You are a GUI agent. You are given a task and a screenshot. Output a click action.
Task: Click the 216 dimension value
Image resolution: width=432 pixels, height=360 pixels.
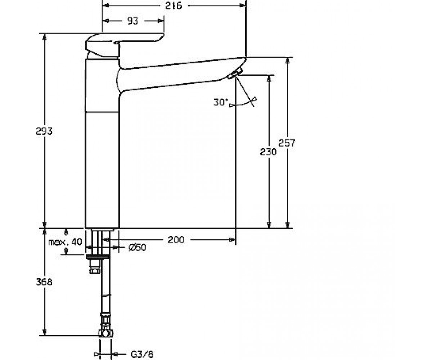point(174,6)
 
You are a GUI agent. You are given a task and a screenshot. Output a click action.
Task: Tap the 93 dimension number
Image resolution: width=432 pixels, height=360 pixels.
point(132,21)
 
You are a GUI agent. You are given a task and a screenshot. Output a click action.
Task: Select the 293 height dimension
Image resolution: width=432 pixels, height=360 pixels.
point(44,131)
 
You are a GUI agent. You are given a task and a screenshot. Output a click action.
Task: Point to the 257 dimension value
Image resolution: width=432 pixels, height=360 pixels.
point(287,143)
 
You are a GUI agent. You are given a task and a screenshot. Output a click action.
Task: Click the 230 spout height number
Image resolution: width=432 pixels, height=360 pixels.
point(268,152)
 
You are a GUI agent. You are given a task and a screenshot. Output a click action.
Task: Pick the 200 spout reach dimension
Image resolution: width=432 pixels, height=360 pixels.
point(176,240)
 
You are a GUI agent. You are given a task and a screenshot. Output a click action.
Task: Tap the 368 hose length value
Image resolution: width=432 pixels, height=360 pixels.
point(44,282)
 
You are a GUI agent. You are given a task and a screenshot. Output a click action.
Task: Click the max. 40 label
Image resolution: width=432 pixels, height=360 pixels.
point(65,242)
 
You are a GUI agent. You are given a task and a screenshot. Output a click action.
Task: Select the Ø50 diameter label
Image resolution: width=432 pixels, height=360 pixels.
point(137,247)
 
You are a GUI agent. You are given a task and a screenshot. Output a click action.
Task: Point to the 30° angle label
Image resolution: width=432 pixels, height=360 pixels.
point(221,102)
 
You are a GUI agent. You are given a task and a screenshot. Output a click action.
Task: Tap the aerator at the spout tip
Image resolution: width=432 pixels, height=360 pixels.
point(235,74)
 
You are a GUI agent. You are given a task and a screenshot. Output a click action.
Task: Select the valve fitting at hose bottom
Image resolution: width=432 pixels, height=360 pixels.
point(105,333)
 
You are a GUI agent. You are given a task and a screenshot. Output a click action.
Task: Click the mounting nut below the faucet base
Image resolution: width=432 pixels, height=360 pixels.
point(98,257)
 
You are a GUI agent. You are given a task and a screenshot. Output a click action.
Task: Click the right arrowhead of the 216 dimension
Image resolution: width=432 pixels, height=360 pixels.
point(242,6)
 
